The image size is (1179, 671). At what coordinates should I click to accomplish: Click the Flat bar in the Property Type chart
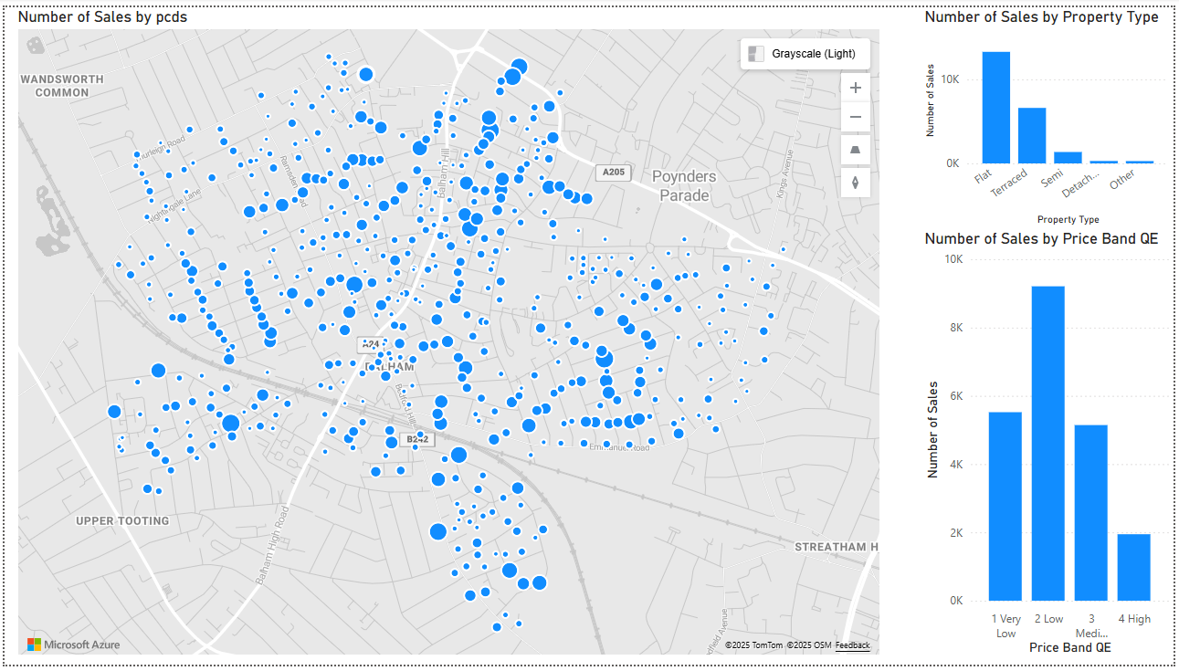(x=995, y=108)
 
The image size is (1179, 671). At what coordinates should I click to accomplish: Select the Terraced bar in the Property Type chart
(x=1032, y=135)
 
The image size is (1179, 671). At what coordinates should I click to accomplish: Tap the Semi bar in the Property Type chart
(x=1068, y=157)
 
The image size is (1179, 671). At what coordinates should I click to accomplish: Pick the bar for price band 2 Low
(x=1048, y=443)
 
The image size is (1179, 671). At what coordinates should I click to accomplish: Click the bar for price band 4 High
(x=1133, y=567)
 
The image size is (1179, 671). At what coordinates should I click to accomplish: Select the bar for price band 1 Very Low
(x=1005, y=506)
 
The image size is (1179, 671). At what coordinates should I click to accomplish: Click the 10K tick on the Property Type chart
(x=952, y=79)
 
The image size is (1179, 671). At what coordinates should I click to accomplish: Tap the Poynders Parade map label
(x=684, y=185)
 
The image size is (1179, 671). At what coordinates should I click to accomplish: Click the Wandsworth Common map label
(x=62, y=86)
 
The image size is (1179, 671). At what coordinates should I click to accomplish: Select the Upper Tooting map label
(x=122, y=521)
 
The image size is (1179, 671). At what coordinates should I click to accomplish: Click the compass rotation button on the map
(x=855, y=182)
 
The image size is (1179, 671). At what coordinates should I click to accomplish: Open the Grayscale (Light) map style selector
(x=804, y=54)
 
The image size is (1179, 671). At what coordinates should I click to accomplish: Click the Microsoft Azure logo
(x=73, y=645)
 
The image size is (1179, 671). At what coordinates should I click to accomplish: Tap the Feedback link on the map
(x=852, y=645)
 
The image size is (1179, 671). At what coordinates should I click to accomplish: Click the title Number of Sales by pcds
(x=102, y=16)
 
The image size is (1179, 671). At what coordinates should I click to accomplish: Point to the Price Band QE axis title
(x=1069, y=647)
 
